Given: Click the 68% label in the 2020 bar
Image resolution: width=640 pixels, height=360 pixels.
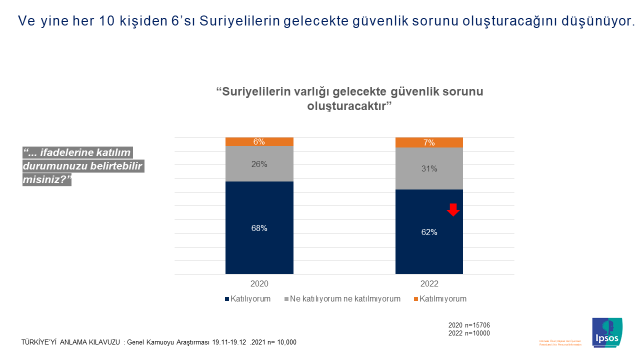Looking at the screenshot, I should coord(259,228).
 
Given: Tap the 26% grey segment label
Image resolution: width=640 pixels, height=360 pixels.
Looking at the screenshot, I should coord(259,163).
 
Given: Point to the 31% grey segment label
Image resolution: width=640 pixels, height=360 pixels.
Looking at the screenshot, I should coord(429,168).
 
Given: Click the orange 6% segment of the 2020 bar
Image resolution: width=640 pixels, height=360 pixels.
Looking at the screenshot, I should coord(259,141).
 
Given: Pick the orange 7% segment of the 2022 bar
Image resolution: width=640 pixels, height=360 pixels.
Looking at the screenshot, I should coord(429,142).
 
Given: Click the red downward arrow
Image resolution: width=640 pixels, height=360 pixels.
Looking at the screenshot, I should coord(452,209).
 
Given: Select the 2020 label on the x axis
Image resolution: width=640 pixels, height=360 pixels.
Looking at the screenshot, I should coord(259,284).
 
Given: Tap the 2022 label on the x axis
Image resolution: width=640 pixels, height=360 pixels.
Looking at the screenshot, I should coord(429,284).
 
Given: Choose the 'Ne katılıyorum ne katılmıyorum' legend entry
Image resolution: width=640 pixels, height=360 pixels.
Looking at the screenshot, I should coord(343,298).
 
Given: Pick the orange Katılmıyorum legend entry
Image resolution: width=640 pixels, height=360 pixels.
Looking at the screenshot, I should coord(442,298).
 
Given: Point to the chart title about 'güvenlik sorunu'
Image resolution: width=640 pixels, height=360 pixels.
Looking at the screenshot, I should coord(344,98).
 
